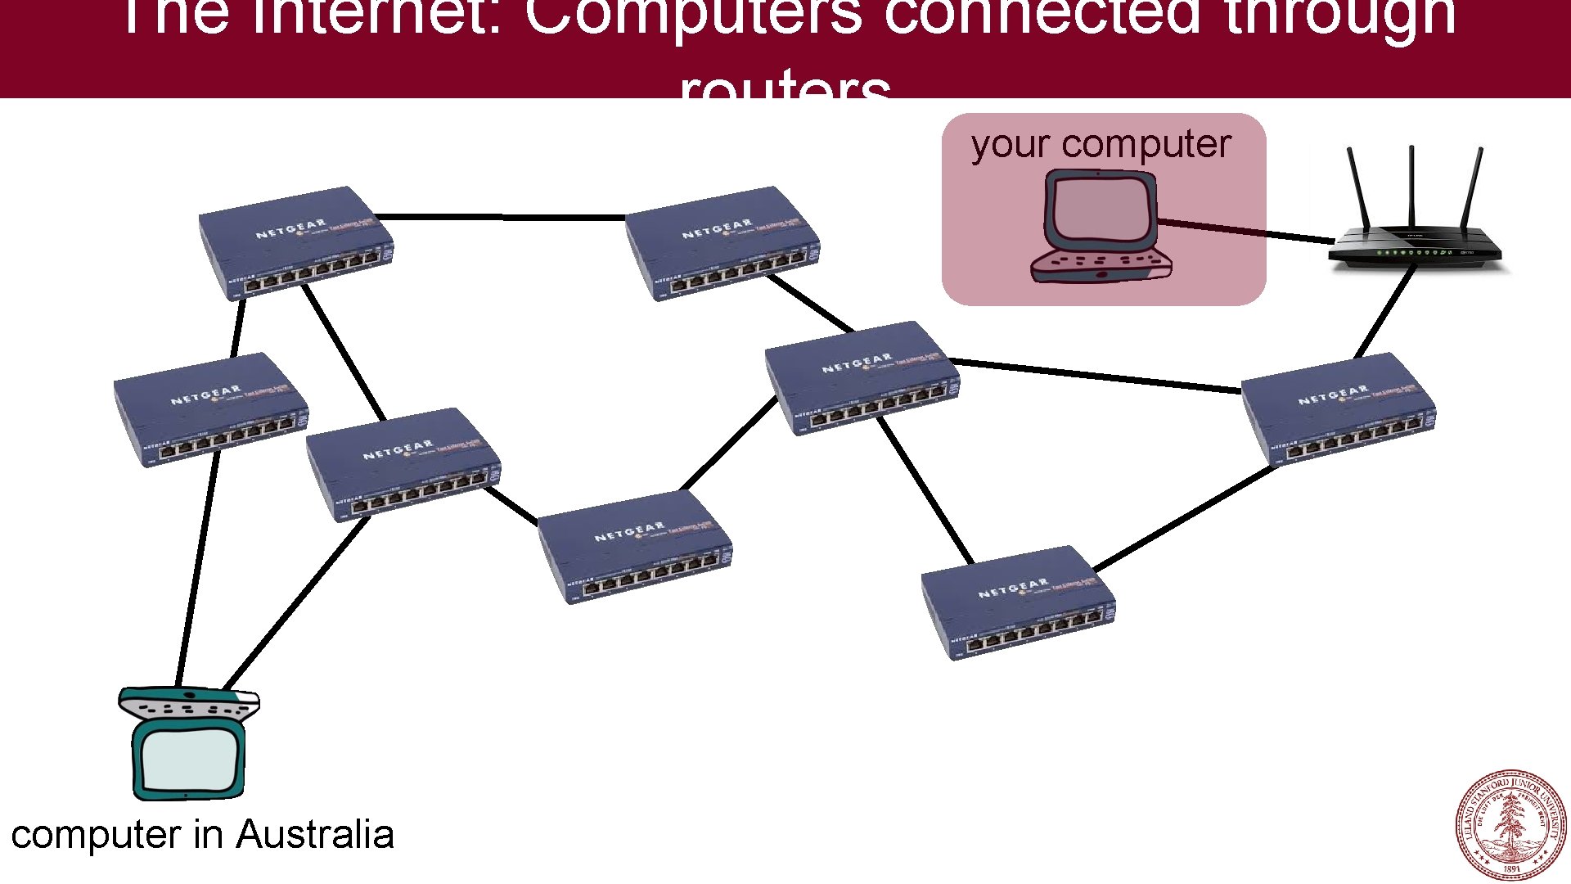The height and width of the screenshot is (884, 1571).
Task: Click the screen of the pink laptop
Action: pos(1100,210)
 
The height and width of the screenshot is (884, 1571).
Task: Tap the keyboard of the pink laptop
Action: pos(1101,264)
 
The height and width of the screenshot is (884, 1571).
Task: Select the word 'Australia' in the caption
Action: pos(315,835)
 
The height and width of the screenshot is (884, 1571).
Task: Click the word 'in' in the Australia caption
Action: pos(209,835)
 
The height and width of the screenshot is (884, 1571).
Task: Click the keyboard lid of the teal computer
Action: pos(189,703)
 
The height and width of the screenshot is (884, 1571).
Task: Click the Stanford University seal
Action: pos(1510,825)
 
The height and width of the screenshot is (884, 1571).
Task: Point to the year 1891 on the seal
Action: pos(1511,868)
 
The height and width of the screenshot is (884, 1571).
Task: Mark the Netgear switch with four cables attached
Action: pos(862,377)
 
